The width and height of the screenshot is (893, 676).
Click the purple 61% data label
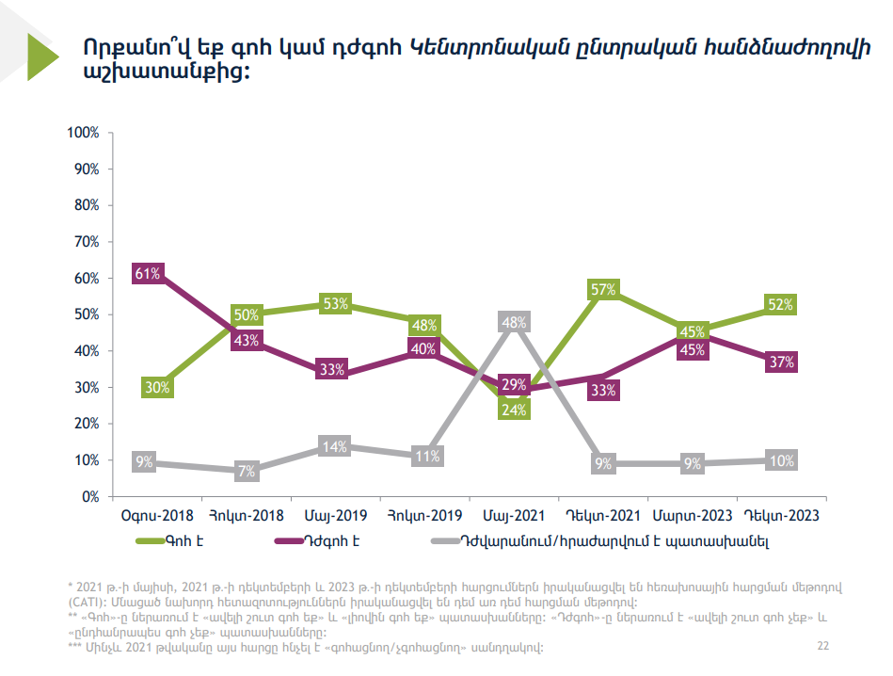[147, 274]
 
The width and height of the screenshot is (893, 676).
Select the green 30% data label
[156, 387]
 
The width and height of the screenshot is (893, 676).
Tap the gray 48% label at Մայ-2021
[514, 322]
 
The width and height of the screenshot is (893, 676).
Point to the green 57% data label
[602, 289]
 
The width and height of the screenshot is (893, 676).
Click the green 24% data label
[514, 409]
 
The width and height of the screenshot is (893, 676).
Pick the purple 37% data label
[781, 362]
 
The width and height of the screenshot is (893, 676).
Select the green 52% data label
[781, 304]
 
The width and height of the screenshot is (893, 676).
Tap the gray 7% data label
[247, 472]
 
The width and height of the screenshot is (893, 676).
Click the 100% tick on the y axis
[84, 133]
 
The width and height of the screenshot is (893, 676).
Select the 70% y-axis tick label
[86, 242]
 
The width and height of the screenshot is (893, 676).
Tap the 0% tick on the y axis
[90, 496]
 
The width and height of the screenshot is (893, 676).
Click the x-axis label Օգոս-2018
[157, 516]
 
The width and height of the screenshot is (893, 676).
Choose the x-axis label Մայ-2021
[514, 516]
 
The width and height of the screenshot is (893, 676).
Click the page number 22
[823, 646]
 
